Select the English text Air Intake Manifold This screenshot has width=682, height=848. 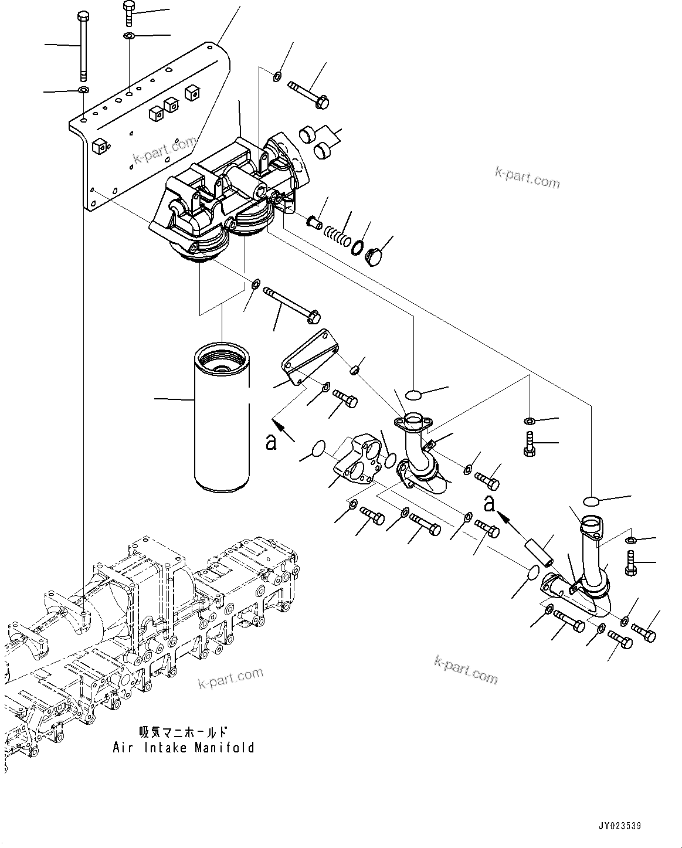coord(184,748)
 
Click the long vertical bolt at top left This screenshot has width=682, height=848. coord(83,47)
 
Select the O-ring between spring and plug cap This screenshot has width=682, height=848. coord(357,248)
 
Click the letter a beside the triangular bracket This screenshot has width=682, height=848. coord(271,440)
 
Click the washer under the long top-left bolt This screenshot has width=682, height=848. coord(83,90)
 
